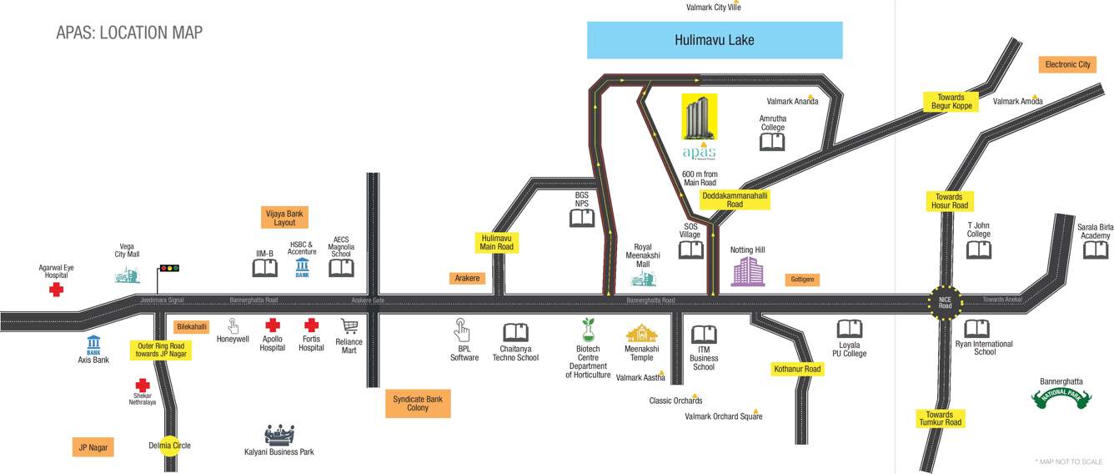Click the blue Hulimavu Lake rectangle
click(715, 40)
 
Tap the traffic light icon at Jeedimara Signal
click(169, 268)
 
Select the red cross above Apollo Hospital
click(272, 325)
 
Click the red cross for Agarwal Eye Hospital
click(56, 290)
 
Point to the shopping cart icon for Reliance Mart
click(349, 326)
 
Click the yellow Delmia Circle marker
click(169, 446)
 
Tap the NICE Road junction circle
click(945, 300)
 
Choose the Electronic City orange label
click(1067, 64)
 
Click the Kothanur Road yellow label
click(797, 369)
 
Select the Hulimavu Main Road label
click(497, 242)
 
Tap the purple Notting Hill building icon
click(747, 271)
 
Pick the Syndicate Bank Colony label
click(418, 404)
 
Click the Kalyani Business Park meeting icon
click(279, 434)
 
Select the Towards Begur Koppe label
click(951, 102)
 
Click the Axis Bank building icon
click(93, 344)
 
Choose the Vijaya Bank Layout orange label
click(284, 219)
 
